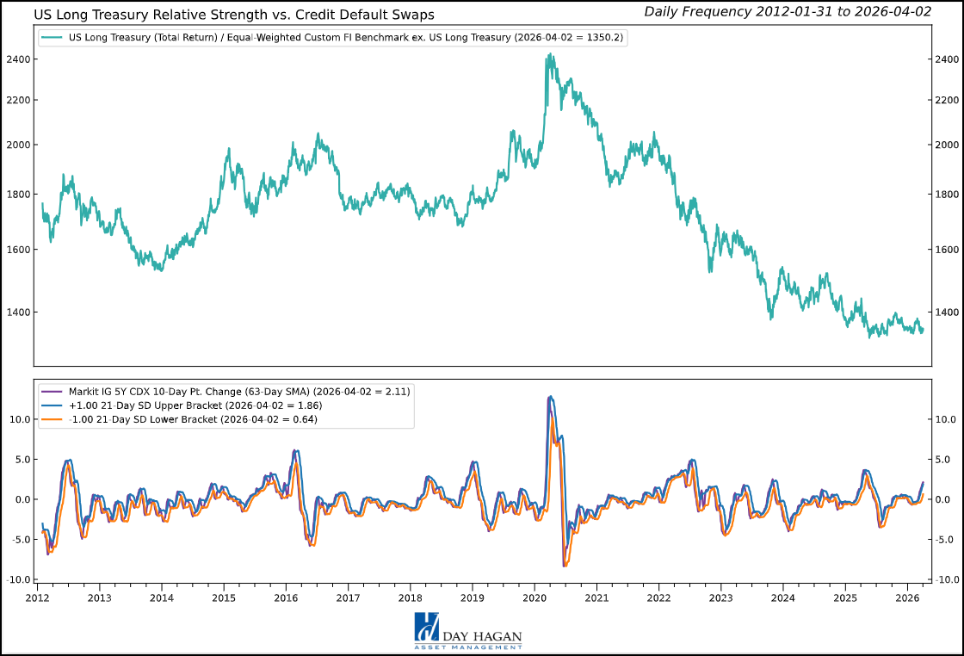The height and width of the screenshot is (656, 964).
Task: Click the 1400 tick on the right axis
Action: tap(944, 312)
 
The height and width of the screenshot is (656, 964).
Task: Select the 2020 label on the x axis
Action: tap(535, 597)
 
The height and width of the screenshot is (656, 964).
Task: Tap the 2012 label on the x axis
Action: tap(37, 597)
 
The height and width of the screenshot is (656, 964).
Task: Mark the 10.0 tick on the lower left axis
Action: tap(19, 419)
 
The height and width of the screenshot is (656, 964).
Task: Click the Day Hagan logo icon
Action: tap(427, 627)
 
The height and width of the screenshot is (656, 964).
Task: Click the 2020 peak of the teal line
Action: tap(548, 55)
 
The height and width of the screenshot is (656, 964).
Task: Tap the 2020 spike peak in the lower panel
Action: tap(550, 397)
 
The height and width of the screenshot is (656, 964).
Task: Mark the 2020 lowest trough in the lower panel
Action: tap(565, 566)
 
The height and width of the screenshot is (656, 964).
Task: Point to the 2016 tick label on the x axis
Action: tap(286, 597)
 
